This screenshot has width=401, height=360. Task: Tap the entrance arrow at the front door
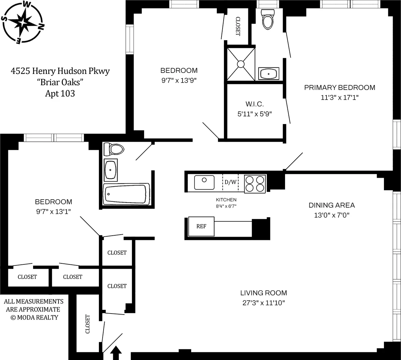[x=116, y=353]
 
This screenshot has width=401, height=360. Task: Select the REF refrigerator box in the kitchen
[x=201, y=226]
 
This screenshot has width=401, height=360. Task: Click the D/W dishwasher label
[x=230, y=182]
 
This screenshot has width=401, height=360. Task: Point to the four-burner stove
[x=255, y=183]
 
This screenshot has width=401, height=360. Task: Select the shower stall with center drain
[x=241, y=64]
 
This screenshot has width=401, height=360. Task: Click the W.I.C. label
[x=255, y=104]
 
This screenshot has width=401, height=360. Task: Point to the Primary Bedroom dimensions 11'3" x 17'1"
[x=339, y=98]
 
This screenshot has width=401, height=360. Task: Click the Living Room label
[x=263, y=293]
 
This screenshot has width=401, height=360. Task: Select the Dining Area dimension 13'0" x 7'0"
[x=331, y=215]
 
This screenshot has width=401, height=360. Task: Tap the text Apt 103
[x=60, y=94]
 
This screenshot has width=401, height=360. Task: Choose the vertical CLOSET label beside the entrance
[x=88, y=324]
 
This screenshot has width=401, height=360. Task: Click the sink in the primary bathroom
[x=269, y=74]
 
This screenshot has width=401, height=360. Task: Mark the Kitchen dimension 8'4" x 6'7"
[x=226, y=206]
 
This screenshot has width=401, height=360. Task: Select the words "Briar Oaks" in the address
[x=60, y=82]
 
